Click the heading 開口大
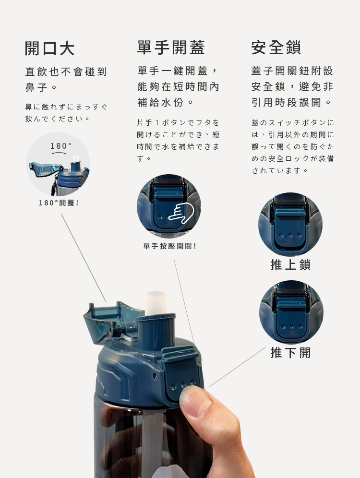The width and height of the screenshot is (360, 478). click(50, 48)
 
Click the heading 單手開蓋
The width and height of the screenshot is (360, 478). click(171, 47)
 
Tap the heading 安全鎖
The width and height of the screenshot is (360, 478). click(276, 47)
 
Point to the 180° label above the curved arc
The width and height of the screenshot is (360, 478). click(61, 146)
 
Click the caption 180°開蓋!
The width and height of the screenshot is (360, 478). click(59, 203)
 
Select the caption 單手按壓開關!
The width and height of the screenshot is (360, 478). click(170, 246)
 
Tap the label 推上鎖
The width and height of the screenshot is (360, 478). click(290, 264)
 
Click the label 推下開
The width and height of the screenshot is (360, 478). click(290, 353)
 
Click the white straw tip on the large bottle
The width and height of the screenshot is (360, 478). click(156, 303)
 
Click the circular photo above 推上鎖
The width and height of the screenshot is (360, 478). click(290, 225)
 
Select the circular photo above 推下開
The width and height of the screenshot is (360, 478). click(291, 312)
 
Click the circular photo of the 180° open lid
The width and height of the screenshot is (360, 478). click(58, 164)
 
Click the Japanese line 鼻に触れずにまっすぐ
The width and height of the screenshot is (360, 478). click(66, 107)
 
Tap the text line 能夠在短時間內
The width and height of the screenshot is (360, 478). click(179, 86)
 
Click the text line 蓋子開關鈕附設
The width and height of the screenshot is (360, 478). click(292, 71)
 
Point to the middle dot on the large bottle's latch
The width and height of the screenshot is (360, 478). click(183, 384)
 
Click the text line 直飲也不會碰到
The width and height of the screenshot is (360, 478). click(66, 72)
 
